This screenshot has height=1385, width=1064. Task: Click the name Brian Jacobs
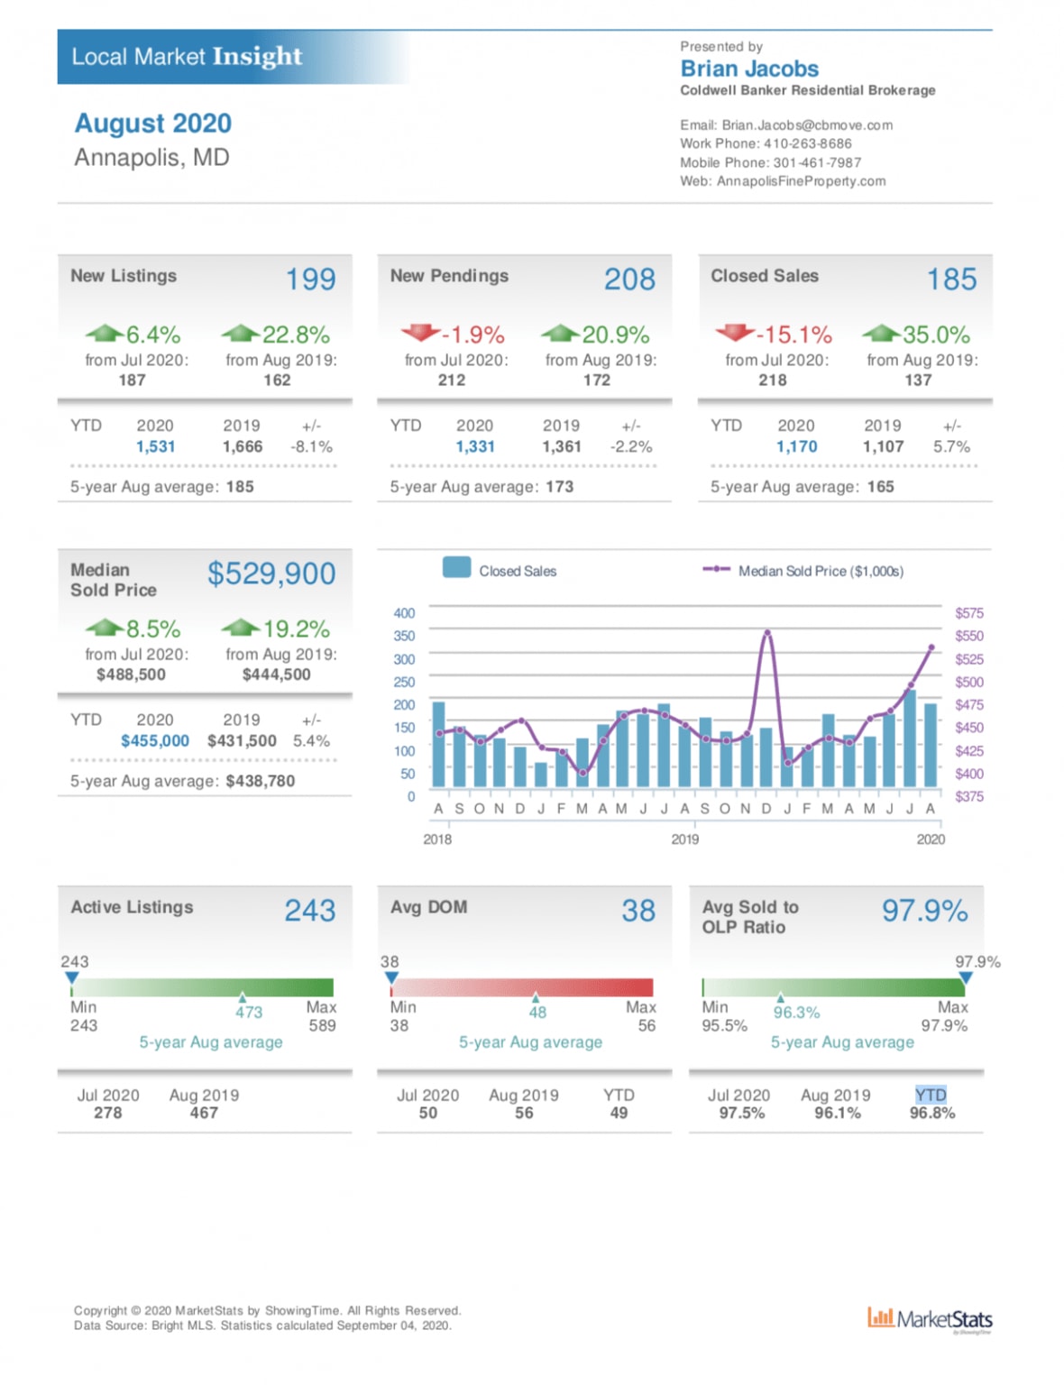coord(749,69)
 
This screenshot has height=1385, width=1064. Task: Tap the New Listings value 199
coord(311,280)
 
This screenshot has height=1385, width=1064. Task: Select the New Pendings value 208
coord(629,280)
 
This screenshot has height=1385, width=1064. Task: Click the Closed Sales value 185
coord(951,280)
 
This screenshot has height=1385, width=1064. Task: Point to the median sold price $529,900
coord(271,573)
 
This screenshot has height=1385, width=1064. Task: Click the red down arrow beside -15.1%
coord(735,333)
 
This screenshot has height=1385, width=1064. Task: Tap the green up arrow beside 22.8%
coord(241,334)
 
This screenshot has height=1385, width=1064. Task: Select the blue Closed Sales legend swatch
coord(456,567)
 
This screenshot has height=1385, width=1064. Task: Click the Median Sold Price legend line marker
coord(716,569)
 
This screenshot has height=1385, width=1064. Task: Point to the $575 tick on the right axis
coord(969,613)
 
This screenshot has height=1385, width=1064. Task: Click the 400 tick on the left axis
coord(404,613)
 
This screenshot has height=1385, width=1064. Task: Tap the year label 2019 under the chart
coord(684,839)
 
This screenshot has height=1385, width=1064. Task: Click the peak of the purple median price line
coord(767,632)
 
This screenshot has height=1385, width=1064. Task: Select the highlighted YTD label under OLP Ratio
coord(931,1095)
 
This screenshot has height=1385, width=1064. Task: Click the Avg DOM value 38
coord(637,911)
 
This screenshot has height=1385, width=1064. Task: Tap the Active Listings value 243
coord(310,911)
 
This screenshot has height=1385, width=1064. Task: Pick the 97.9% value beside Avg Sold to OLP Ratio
coord(924,911)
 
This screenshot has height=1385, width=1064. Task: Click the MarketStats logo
coord(930,1319)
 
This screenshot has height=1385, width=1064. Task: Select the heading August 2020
coord(153,124)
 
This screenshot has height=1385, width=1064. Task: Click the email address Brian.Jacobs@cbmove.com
coord(807,125)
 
